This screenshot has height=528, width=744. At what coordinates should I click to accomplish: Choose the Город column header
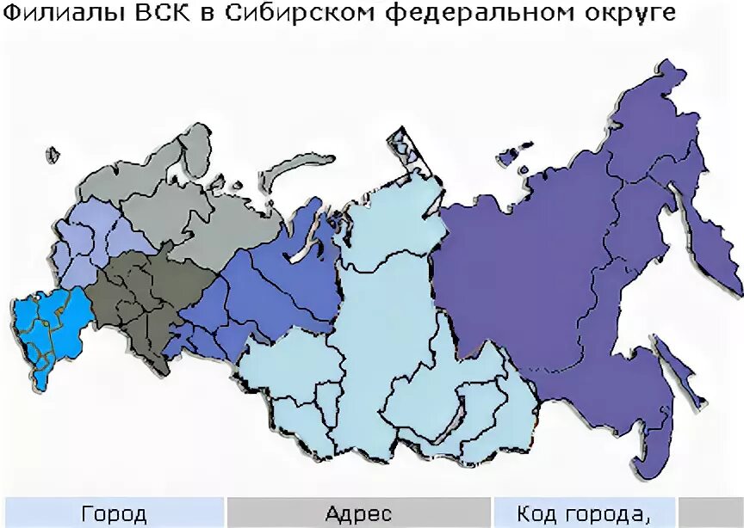[x=114, y=513]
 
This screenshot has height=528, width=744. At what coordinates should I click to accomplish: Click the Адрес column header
[x=359, y=513]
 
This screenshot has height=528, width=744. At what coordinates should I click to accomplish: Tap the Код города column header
[x=583, y=513]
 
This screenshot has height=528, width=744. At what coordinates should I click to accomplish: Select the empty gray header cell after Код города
[x=711, y=513]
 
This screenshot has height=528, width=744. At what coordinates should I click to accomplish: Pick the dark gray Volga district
[x=138, y=297]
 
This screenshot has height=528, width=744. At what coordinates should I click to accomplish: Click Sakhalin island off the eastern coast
[x=680, y=370]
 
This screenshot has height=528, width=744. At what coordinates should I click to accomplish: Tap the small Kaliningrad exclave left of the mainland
[x=53, y=156]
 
